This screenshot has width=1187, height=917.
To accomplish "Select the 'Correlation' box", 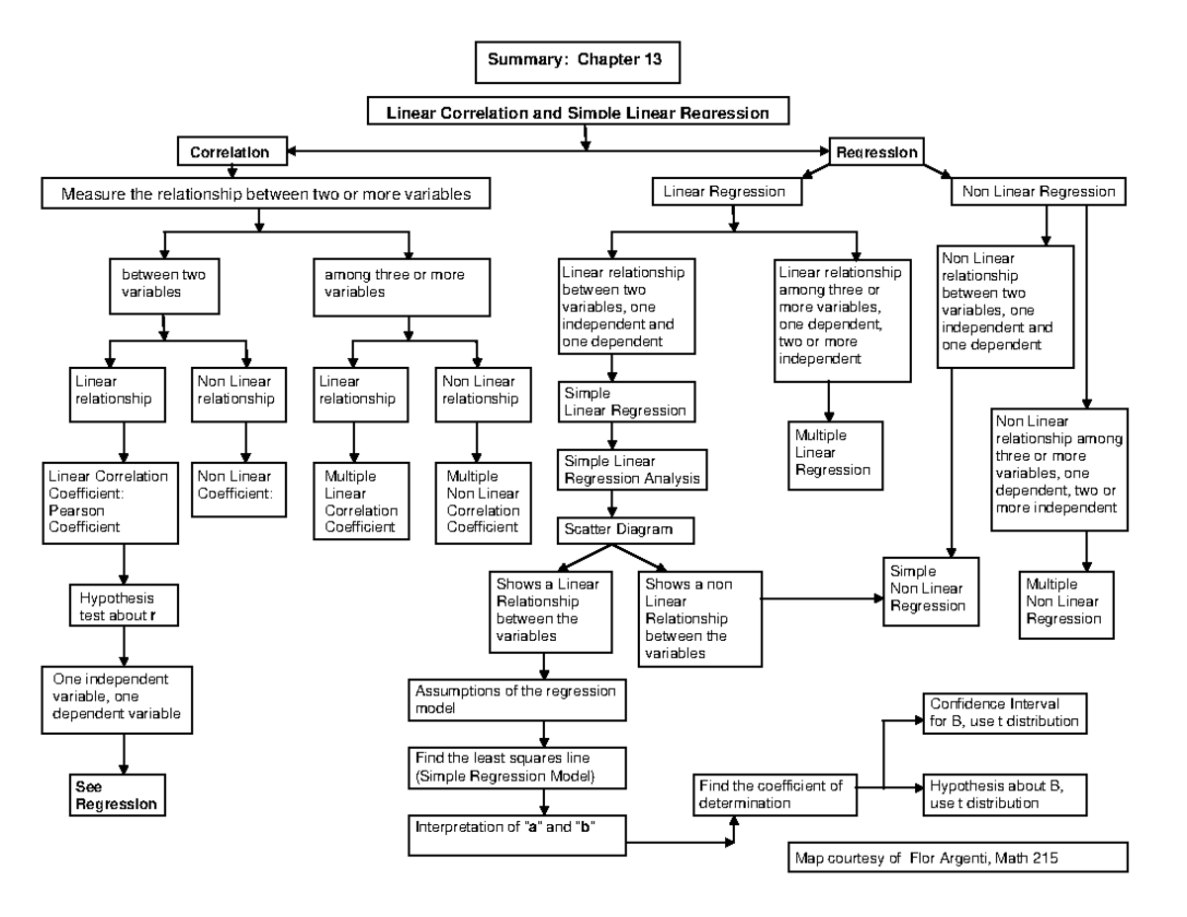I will click(x=229, y=153).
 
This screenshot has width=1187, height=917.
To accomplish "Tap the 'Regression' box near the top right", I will click(x=876, y=153).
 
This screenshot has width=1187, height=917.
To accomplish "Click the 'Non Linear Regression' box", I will click(x=1038, y=192).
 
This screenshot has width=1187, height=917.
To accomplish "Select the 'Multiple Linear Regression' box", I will click(x=834, y=452).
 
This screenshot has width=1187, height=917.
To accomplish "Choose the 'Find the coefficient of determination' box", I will click(x=773, y=794).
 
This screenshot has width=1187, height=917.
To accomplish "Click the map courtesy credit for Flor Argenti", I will click(x=956, y=858).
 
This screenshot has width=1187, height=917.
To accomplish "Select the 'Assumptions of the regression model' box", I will click(x=515, y=698).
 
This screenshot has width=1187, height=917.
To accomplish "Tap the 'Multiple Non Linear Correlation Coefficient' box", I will click(x=482, y=502).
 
